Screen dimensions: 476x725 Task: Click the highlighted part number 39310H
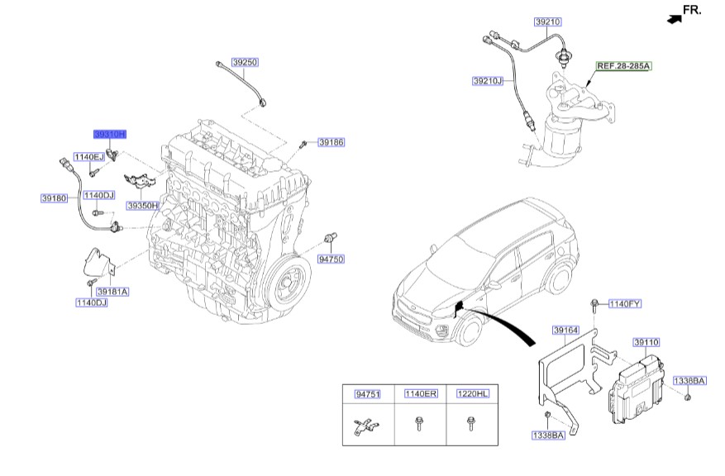click(x=109, y=134)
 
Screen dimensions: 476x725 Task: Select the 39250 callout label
click(x=245, y=62)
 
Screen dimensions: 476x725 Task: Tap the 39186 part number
click(x=331, y=142)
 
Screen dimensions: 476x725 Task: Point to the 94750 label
click(x=331, y=259)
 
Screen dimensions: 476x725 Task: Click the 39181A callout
click(x=112, y=292)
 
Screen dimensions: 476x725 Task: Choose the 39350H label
click(x=142, y=205)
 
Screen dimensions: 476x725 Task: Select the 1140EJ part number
click(x=88, y=156)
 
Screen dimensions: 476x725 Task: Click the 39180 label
click(x=53, y=198)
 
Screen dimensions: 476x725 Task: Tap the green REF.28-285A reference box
click(x=623, y=64)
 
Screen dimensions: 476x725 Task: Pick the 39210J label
click(x=488, y=81)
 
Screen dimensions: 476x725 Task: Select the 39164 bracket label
click(x=565, y=331)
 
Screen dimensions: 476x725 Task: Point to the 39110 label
click(x=646, y=341)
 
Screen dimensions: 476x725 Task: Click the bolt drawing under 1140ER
click(x=418, y=426)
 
